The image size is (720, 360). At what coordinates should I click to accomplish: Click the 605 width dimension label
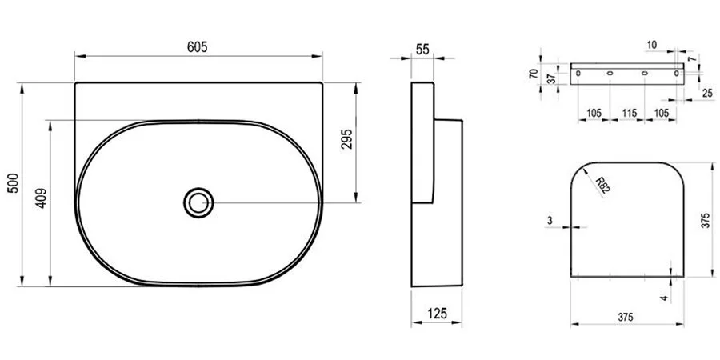pyautogui.click(x=198, y=47)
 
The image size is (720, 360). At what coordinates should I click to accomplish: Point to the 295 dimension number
pyautogui.click(x=347, y=141)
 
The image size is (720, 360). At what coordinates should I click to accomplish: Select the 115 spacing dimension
pyautogui.click(x=629, y=113)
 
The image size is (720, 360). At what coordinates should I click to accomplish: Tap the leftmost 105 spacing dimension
pyautogui.click(x=593, y=113)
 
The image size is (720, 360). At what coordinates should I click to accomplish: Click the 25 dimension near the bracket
pyautogui.click(x=708, y=94)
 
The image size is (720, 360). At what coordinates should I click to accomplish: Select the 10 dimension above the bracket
pyautogui.click(x=654, y=46)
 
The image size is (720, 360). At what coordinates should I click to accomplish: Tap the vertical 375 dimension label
pyautogui.click(x=705, y=221)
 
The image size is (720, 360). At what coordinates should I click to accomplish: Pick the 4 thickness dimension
pyautogui.click(x=663, y=298)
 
